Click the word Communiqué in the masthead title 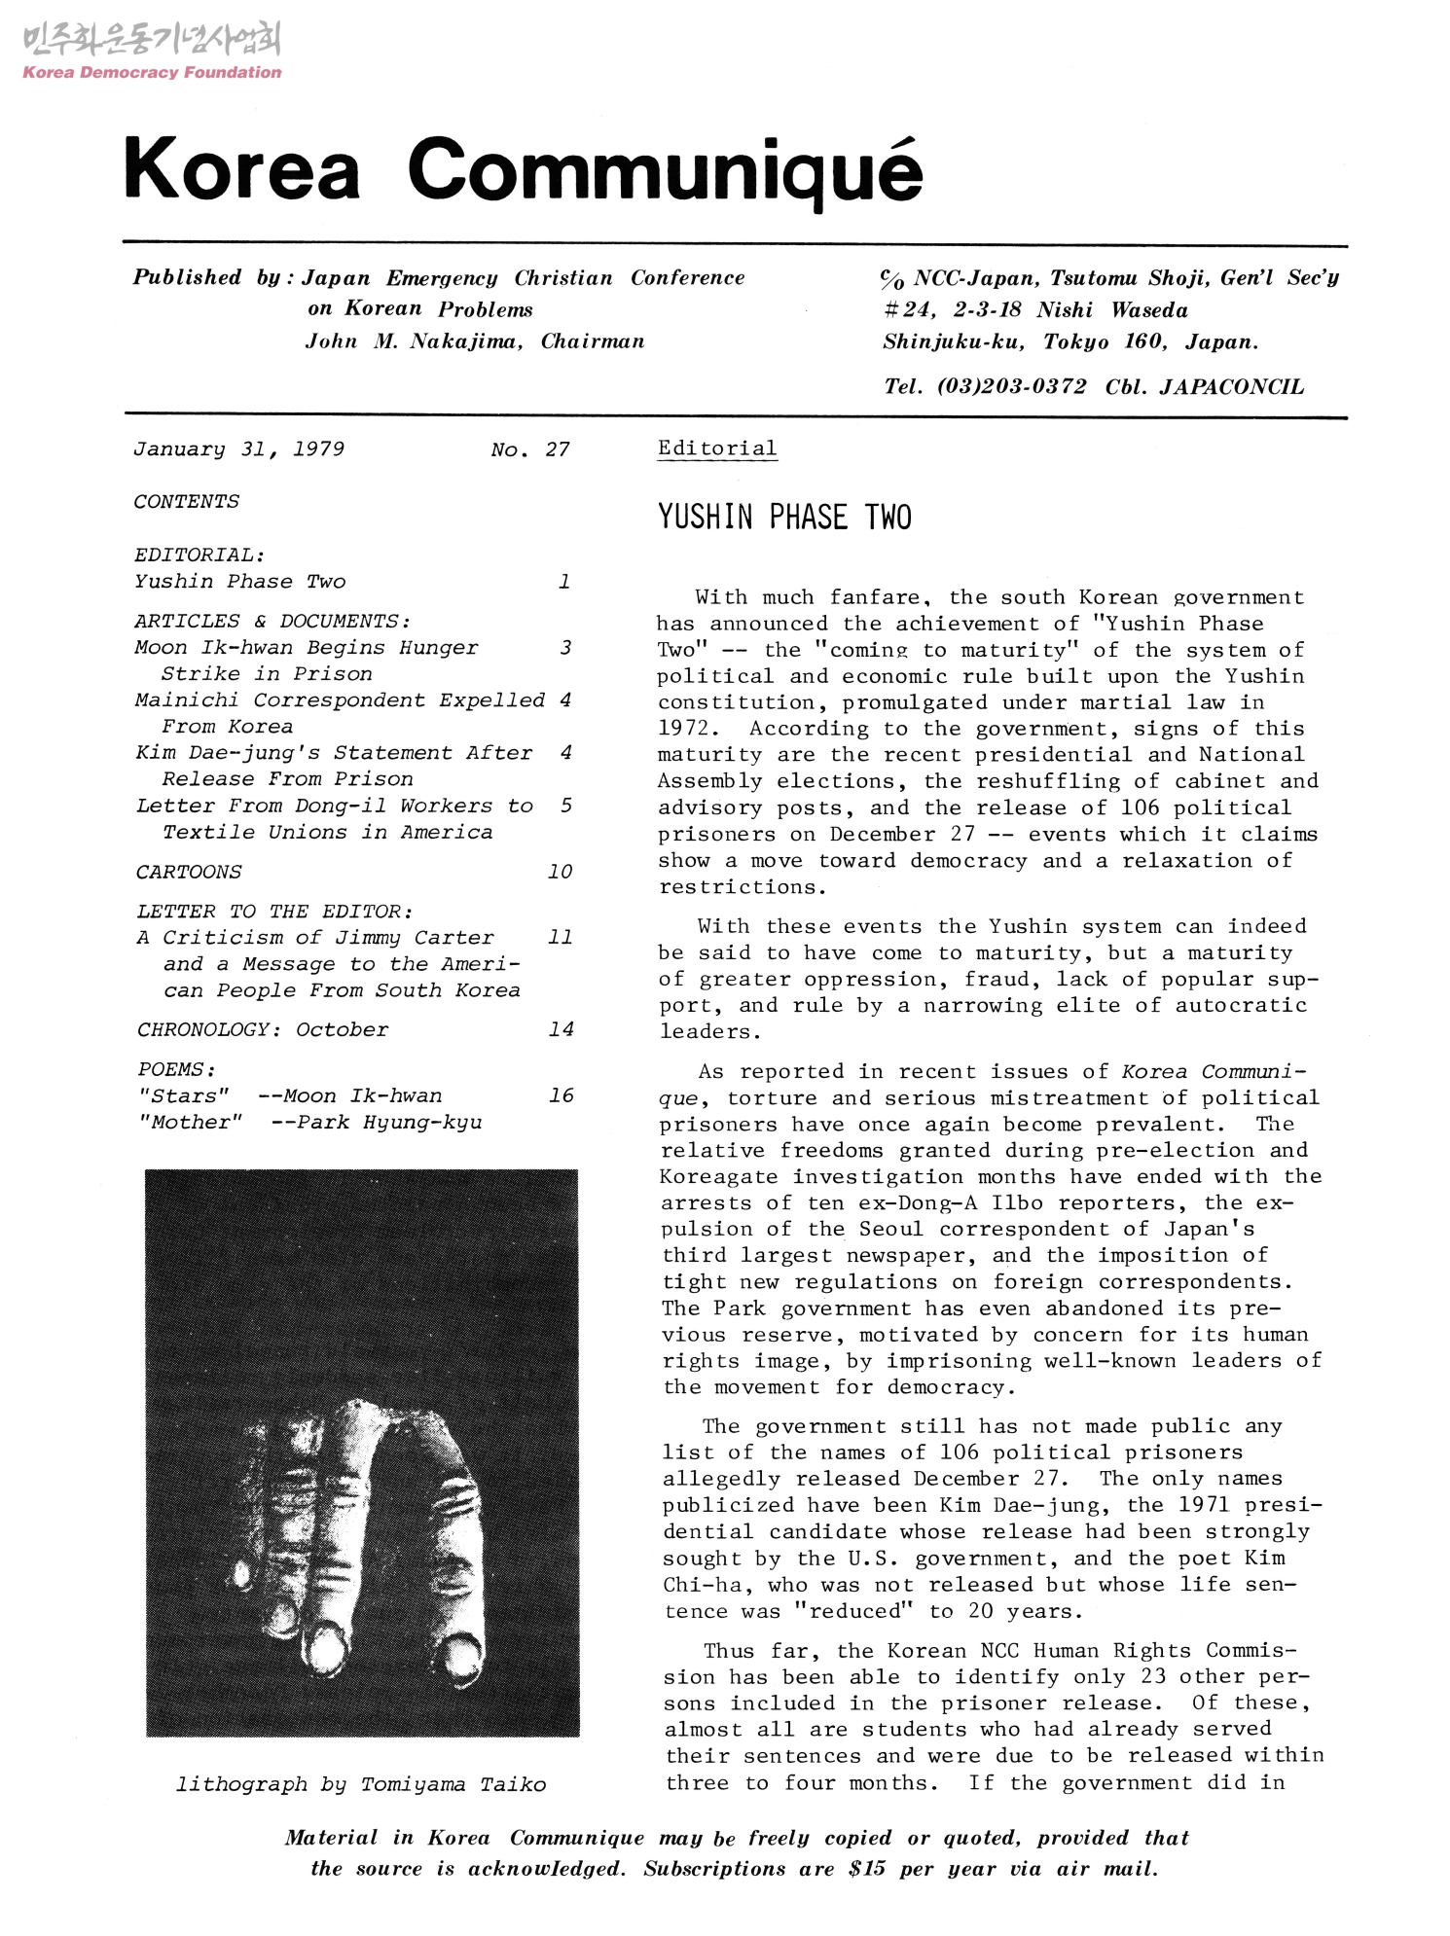point(665,170)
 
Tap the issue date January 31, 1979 point(238,448)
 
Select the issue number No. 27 point(529,449)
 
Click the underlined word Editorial point(717,448)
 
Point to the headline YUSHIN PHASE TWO point(784,517)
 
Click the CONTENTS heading point(186,502)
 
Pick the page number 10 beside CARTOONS point(560,872)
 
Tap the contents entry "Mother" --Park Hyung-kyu point(309,1122)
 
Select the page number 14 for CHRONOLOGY point(561,1029)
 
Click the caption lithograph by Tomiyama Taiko point(360,1784)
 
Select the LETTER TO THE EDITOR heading point(274,912)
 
